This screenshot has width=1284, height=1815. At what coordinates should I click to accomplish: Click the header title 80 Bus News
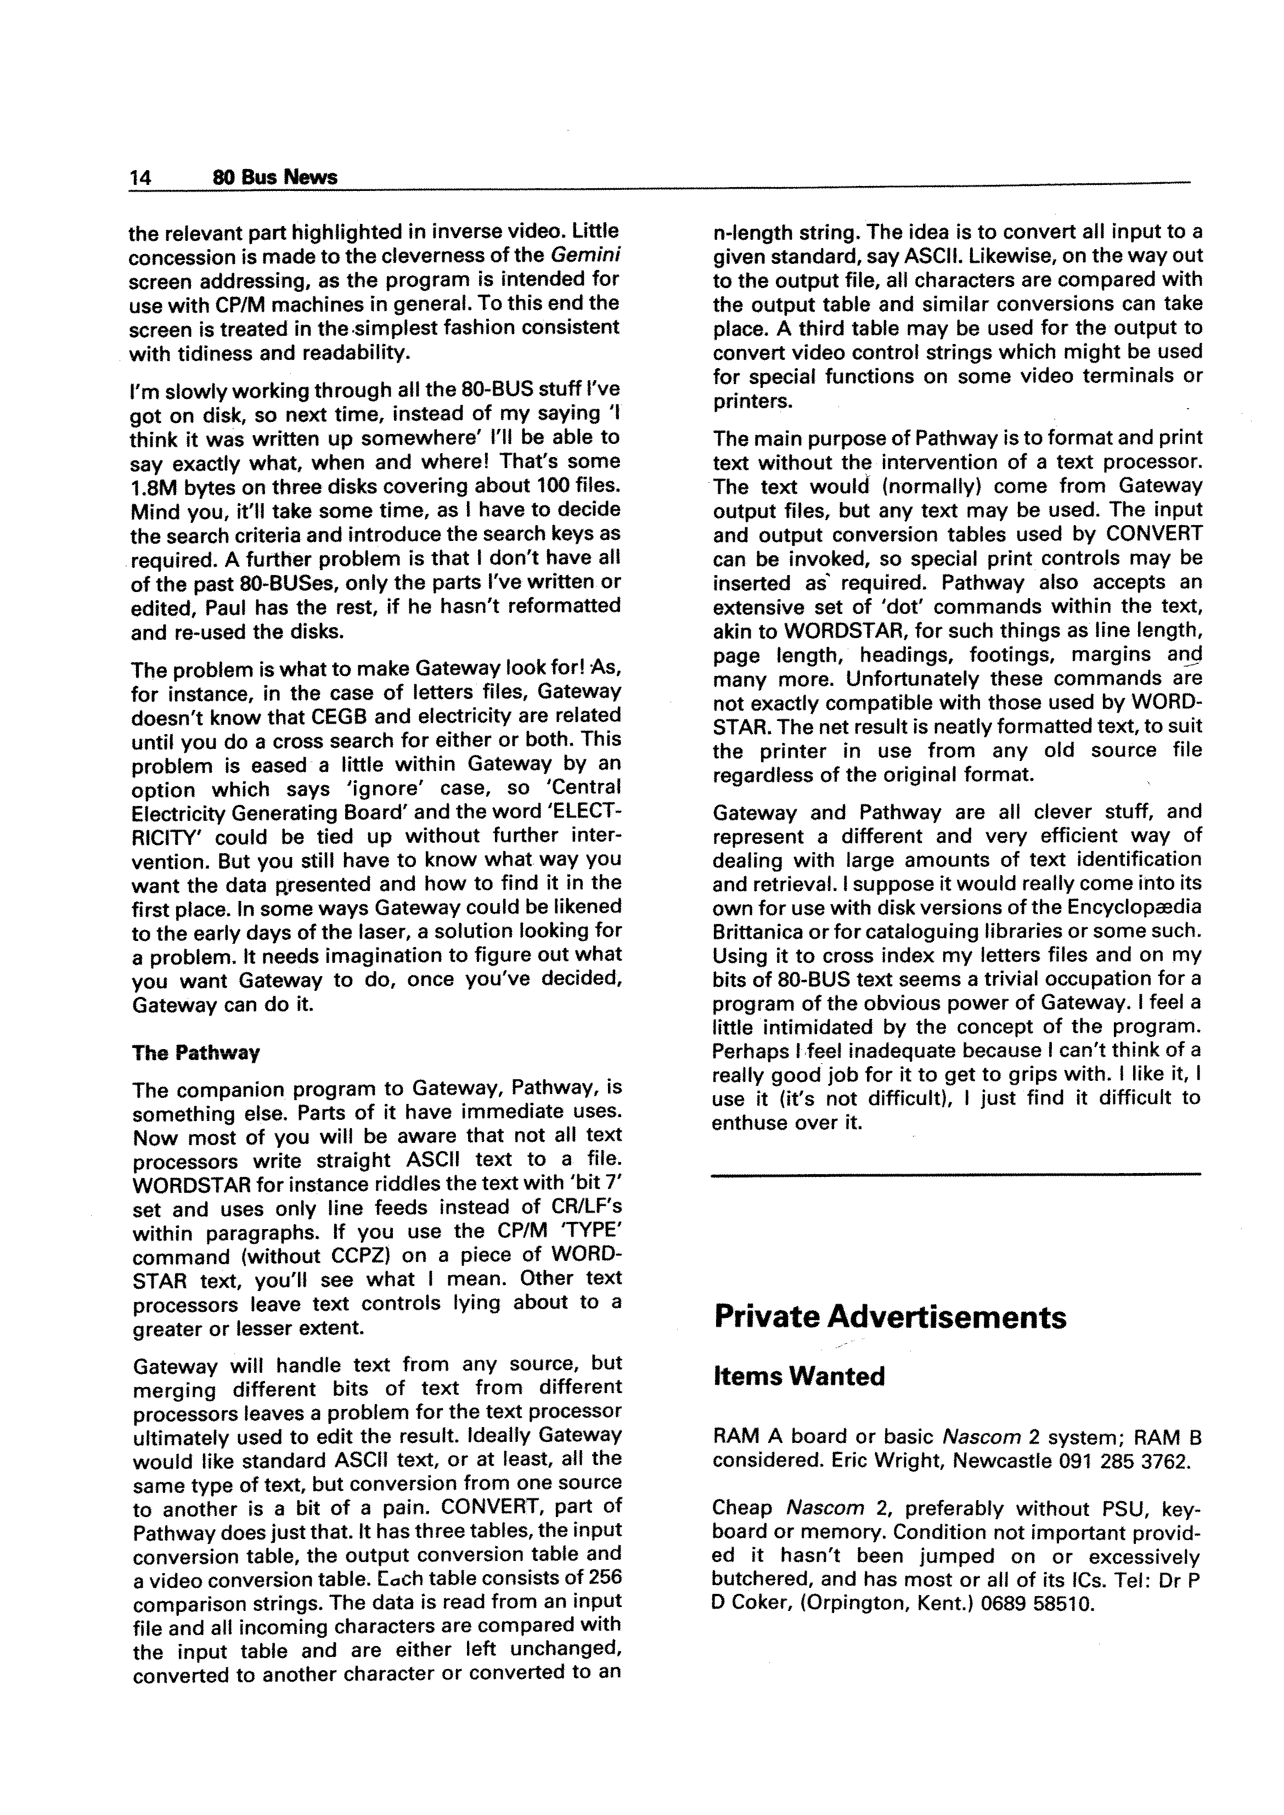275,177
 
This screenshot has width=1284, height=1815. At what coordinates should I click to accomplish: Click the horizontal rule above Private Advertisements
956,1175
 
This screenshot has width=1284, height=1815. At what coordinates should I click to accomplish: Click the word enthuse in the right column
755,1123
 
